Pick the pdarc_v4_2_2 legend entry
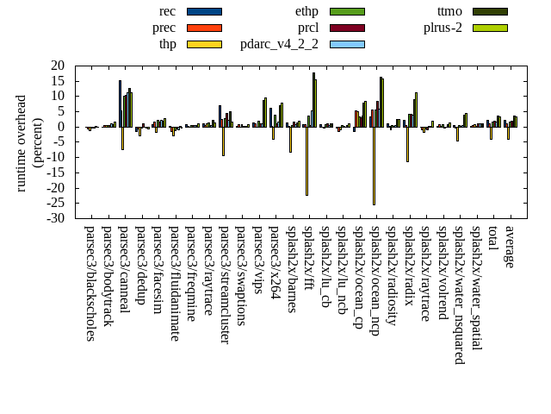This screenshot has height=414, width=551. point(279,44)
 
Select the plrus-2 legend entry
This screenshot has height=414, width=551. point(443,28)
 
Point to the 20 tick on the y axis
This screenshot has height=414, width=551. point(59,66)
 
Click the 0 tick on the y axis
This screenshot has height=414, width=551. point(62,127)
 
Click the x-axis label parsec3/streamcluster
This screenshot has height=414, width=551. point(226,285)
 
